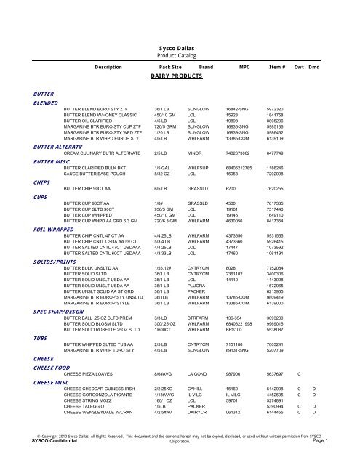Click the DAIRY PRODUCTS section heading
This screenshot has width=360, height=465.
pyautogui.click(x=179, y=75)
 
